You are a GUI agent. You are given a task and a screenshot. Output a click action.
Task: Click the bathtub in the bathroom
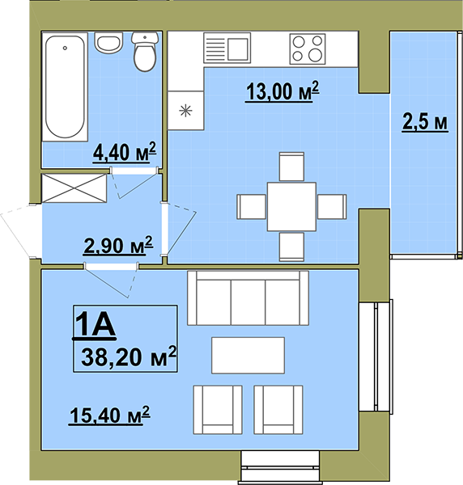coord(65,86)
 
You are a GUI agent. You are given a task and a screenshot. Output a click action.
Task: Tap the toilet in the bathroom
coord(145,52)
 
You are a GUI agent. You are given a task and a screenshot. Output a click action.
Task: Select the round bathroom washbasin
coord(108,42)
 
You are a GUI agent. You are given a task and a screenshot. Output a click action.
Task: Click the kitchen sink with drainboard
coord(227,48)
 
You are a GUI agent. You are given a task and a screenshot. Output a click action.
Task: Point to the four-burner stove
coord(308,49)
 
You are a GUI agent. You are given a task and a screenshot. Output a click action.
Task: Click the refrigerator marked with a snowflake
coord(186,111)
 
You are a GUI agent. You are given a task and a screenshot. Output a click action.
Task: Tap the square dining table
coord(291,207)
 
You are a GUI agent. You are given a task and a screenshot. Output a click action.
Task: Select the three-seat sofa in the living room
coord(248,297)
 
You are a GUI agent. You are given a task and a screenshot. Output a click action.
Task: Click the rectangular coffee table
coord(248,356)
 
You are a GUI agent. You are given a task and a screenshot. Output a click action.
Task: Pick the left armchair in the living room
coord(218,410)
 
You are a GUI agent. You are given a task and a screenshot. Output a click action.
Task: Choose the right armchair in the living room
coord(278,410)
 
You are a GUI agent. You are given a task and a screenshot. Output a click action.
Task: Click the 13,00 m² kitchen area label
coord(282,91)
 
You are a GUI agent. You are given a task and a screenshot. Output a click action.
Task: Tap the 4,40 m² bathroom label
coord(125,152)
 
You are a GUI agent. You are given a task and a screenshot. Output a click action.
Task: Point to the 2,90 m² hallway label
coord(118,246)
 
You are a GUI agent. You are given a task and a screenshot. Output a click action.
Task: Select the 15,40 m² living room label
coord(109,415)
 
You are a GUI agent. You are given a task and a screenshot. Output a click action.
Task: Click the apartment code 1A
coord(95,324)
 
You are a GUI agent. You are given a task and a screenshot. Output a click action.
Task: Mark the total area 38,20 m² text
coord(129,356)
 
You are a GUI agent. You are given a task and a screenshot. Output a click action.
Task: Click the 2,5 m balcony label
coord(425,122)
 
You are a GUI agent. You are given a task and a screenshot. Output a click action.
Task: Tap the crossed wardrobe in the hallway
coord(74,188)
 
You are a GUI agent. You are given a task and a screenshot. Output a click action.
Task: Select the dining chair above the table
coord(291,166)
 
